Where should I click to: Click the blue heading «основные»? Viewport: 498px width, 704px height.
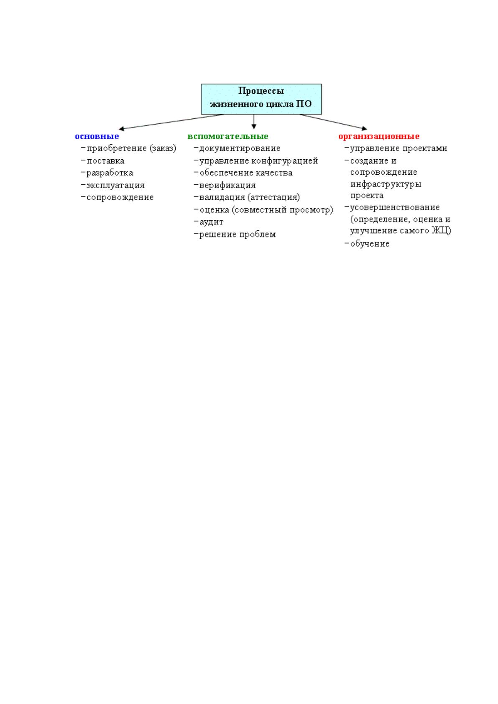(x=97, y=136)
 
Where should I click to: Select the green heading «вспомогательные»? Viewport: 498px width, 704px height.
(x=228, y=136)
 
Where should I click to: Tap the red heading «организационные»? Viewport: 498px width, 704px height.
(x=379, y=137)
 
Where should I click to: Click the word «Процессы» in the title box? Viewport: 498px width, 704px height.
(x=261, y=91)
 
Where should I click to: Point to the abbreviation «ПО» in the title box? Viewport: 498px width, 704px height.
(x=304, y=104)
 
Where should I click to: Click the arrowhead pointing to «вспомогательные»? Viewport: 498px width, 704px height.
(x=254, y=126)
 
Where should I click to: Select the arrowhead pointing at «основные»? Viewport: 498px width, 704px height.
(x=121, y=128)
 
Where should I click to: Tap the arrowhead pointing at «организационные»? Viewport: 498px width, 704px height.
(x=364, y=128)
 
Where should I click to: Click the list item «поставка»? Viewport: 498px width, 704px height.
(x=106, y=161)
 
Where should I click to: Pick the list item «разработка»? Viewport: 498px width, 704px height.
(x=110, y=173)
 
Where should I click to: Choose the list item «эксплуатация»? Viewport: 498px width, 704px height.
(x=116, y=186)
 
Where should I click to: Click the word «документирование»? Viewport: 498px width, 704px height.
(x=240, y=148)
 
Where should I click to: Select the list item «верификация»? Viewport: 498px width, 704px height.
(x=227, y=186)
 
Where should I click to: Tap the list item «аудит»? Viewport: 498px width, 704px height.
(x=212, y=222)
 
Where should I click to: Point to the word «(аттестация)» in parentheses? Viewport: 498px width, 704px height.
(x=274, y=198)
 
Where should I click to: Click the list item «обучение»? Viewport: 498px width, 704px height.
(x=370, y=244)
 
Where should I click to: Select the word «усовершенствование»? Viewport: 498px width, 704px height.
(x=395, y=207)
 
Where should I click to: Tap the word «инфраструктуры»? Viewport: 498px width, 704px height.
(x=386, y=184)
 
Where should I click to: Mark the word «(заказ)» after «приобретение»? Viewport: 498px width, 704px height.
(x=163, y=148)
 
